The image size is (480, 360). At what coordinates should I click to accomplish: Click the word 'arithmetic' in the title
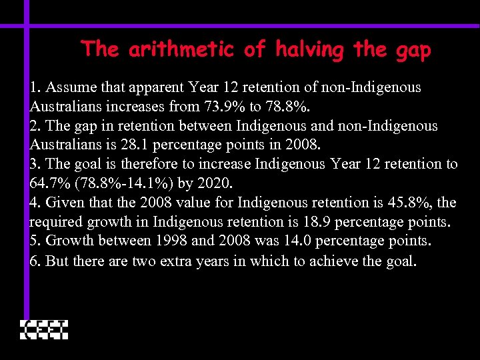point(179,49)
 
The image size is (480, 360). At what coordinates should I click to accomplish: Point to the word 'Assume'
point(69,87)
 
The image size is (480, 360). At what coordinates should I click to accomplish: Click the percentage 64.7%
point(49,183)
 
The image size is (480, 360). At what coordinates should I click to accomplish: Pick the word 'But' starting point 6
point(57,261)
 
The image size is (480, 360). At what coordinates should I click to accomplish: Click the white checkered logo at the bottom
point(44,330)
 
